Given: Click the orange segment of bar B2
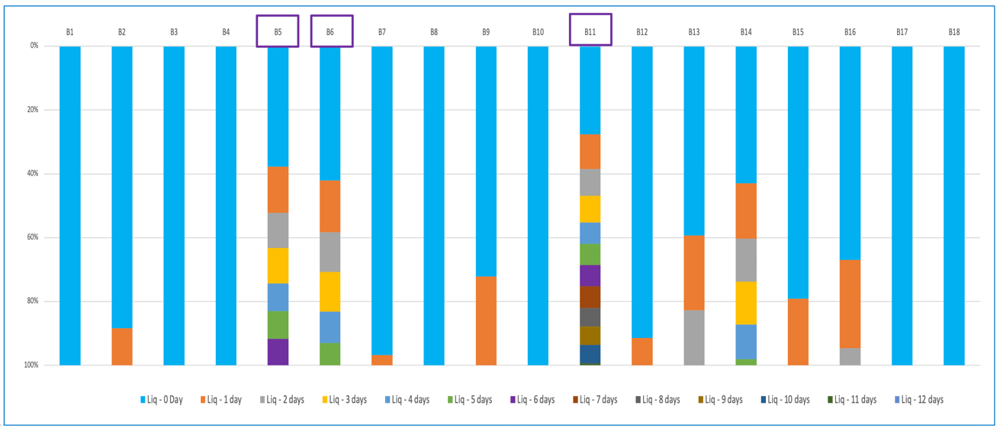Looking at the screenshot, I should coord(122,346).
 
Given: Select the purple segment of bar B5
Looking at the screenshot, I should coord(278,352).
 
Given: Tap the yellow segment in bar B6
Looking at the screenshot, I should coord(330,291).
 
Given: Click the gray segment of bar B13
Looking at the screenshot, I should coord(694,337).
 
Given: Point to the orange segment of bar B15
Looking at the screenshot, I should coord(798,332).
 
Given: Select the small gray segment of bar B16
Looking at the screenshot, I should coord(850,356).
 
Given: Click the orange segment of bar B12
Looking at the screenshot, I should coord(642,351).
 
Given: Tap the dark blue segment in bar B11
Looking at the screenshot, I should coord(590,354).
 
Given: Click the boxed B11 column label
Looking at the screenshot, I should coord(590,32).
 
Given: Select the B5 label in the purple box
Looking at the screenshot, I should coord(278,32).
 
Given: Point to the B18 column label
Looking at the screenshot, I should coord(953,32).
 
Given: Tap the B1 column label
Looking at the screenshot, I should coord(69,32).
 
